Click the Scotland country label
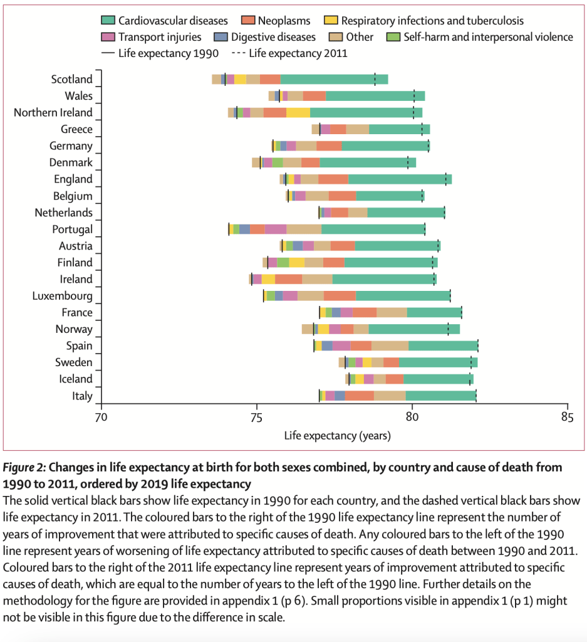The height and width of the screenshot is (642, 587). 72,80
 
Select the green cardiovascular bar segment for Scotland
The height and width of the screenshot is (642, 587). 334,80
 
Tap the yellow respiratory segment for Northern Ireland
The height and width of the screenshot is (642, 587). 298,113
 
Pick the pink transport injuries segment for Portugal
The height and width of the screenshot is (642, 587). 276,229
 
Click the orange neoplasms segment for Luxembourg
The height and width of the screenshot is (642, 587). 340,296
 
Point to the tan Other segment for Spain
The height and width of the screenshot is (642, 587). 390,345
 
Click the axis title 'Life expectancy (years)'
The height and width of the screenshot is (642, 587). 337,435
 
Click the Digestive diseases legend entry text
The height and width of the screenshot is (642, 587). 273,37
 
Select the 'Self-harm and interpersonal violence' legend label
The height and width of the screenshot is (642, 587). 489,37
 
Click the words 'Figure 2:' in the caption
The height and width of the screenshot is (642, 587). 24,468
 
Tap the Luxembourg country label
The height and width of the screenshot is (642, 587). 63,296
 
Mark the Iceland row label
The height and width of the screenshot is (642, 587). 75,379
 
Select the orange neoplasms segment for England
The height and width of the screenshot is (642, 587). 333,179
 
